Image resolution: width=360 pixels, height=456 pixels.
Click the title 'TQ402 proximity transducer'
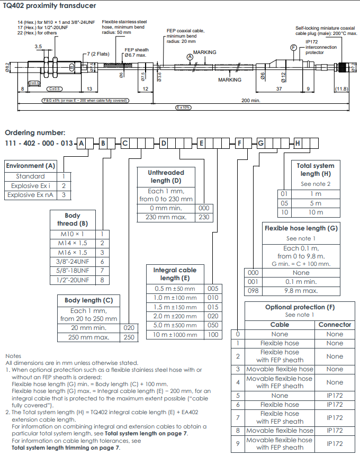49,5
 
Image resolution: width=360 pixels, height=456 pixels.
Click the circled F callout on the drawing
293,48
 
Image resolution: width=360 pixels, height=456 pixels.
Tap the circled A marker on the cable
190,57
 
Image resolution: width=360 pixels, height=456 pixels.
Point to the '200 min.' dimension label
250,100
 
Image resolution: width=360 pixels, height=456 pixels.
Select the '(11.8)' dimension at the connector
341,88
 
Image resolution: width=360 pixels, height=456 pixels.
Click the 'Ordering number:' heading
35,132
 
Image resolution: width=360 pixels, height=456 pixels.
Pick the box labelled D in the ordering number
164,144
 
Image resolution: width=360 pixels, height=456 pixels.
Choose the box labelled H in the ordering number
298,144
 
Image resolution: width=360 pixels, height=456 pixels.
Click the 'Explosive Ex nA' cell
31,195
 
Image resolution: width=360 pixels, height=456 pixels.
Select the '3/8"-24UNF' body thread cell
73,262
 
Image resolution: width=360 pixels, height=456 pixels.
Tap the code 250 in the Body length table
129,337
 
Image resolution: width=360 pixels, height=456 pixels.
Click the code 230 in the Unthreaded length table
204,217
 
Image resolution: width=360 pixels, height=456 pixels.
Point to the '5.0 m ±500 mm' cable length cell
175,325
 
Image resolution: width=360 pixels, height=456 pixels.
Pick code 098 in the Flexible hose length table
253,291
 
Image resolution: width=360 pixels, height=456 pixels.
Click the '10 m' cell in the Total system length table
316,212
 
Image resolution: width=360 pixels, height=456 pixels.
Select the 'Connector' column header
335,325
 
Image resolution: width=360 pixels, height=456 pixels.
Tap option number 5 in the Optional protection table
238,396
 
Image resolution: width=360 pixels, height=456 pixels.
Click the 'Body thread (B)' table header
73,220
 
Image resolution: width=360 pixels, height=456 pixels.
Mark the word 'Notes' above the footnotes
13,356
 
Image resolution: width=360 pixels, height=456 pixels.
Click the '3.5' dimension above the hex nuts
38,47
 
